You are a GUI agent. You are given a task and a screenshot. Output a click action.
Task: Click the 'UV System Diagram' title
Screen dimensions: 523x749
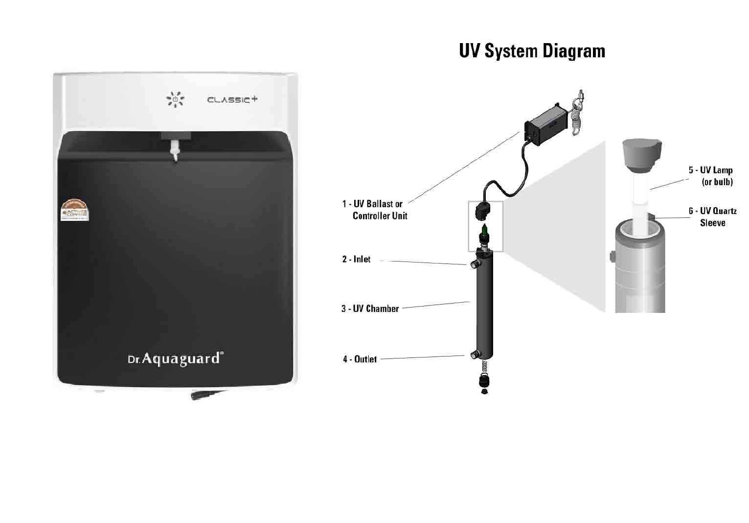point(532,51)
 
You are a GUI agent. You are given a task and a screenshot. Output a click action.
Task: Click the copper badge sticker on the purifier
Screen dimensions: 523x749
point(74,209)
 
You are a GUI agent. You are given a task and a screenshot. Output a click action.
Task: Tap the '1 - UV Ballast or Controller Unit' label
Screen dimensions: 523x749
point(374,210)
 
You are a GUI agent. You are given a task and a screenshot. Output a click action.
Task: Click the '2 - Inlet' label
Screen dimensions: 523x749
point(356,260)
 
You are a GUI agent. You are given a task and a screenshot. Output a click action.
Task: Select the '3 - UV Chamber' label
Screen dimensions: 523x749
point(370,309)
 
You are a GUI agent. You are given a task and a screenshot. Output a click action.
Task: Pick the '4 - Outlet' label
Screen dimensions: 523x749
point(360,359)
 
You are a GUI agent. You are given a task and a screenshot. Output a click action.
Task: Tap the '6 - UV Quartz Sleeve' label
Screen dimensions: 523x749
point(712,216)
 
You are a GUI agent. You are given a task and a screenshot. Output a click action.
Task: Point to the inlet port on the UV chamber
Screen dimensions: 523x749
point(473,265)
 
